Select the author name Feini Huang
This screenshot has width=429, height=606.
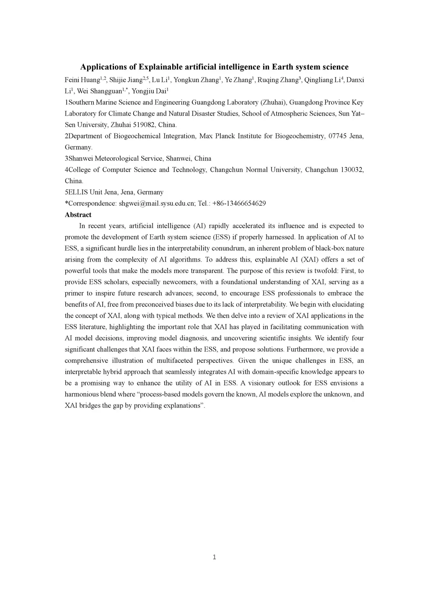82,80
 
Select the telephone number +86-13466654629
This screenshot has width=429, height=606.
239,203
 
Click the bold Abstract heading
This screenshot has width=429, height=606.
78,215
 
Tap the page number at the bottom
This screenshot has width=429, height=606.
214,557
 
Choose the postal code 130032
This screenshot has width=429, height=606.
351,169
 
